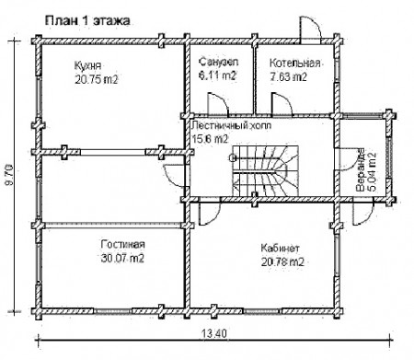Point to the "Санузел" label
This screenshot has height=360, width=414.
217,63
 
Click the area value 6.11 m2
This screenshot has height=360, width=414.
217,75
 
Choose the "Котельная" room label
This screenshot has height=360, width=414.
295,63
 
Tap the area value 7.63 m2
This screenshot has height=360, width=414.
288,76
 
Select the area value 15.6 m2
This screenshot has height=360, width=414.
208,137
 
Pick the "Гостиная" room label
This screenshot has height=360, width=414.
122,245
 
